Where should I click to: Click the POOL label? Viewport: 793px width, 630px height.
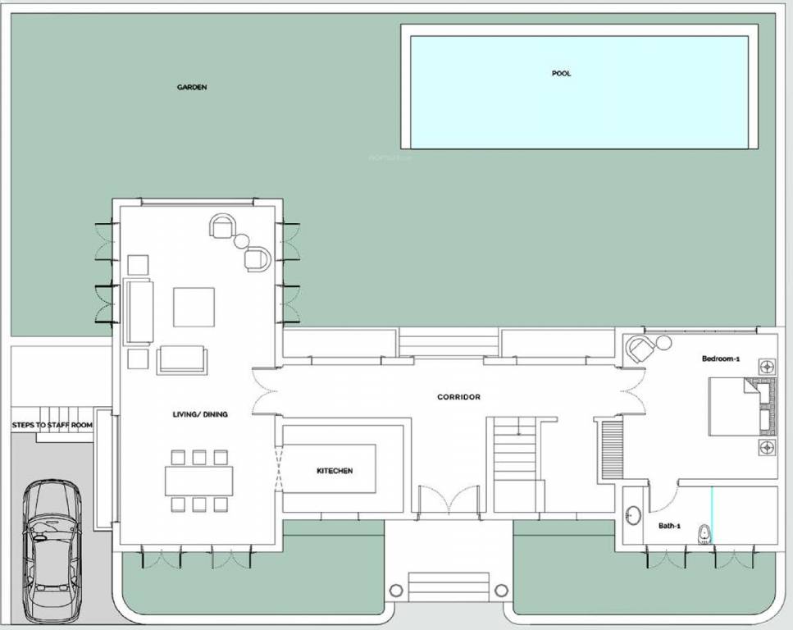561,74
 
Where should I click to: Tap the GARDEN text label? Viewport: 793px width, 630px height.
192,87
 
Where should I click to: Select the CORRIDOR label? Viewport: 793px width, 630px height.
458,397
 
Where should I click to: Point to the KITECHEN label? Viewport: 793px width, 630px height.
335,471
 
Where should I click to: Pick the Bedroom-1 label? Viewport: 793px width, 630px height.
721,359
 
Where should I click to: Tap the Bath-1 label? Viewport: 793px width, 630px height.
669,526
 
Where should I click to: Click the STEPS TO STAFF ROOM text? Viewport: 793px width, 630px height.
52,426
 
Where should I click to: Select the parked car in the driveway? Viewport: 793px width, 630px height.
51,550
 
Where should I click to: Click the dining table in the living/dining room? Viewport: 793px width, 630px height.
199,481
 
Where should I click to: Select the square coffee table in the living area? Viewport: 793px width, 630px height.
194,307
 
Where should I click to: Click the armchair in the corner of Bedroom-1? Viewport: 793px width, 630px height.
641,348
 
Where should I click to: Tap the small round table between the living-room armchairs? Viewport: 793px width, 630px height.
241,242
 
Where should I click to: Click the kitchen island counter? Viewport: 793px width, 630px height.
334,469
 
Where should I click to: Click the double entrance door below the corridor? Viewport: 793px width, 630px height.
448,500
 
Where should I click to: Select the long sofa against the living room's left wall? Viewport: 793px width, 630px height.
138,312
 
